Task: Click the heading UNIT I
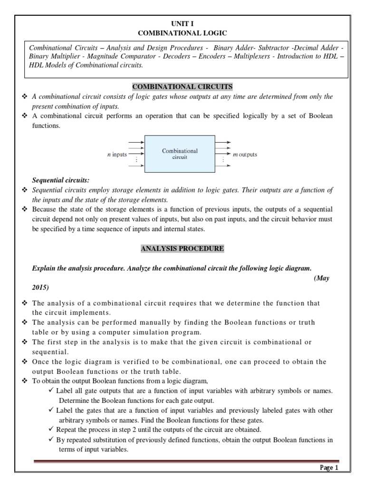point(182,23)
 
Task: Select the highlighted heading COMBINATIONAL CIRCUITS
point(182,87)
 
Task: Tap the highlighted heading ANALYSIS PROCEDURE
point(182,248)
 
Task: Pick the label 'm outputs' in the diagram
point(244,155)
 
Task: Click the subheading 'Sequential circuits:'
point(60,181)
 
